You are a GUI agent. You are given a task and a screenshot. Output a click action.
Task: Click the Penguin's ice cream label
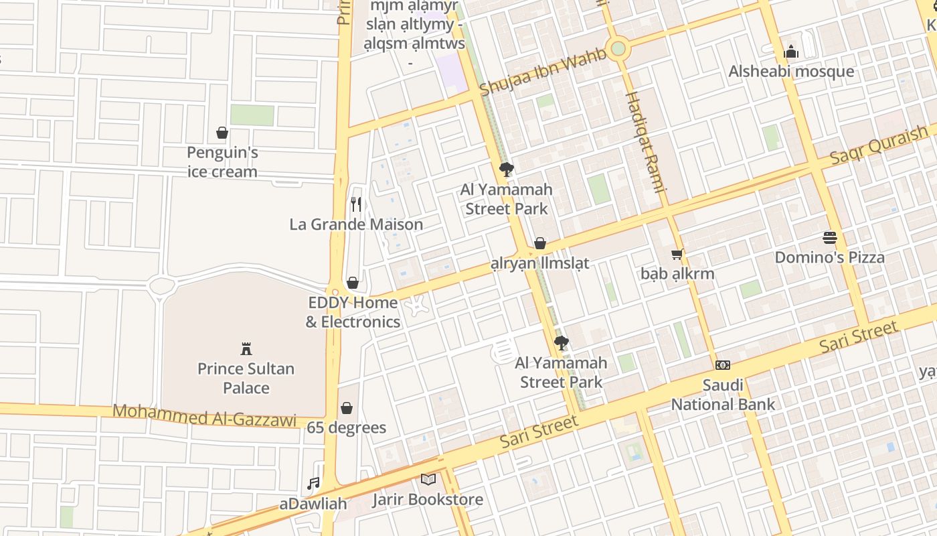[222, 162]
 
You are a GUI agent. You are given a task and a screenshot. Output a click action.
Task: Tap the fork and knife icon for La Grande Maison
[356, 204]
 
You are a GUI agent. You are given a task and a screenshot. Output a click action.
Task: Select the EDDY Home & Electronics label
[353, 312]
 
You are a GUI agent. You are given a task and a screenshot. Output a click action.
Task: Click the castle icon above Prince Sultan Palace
[246, 348]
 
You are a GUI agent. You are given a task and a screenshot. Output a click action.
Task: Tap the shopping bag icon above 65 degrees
[347, 407]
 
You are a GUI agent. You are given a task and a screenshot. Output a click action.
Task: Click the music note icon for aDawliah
[313, 483]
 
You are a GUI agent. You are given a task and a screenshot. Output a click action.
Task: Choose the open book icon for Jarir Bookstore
[428, 480]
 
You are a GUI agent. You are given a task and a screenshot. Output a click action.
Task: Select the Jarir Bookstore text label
[428, 500]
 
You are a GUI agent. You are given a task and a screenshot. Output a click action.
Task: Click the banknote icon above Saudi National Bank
[723, 365]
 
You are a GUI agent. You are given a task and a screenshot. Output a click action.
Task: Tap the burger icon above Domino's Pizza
[830, 237]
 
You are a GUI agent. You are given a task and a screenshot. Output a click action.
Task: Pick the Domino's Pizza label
[830, 257]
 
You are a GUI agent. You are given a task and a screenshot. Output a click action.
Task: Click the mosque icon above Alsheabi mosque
[791, 52]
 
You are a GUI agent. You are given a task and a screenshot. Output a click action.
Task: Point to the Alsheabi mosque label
[791, 72]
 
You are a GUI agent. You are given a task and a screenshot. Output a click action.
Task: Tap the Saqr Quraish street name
[879, 145]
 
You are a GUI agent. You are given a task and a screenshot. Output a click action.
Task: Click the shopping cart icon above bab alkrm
[677, 254]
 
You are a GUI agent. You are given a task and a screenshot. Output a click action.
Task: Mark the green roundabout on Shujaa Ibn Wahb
[618, 48]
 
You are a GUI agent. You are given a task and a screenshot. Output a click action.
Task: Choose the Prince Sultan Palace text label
[246, 378]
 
